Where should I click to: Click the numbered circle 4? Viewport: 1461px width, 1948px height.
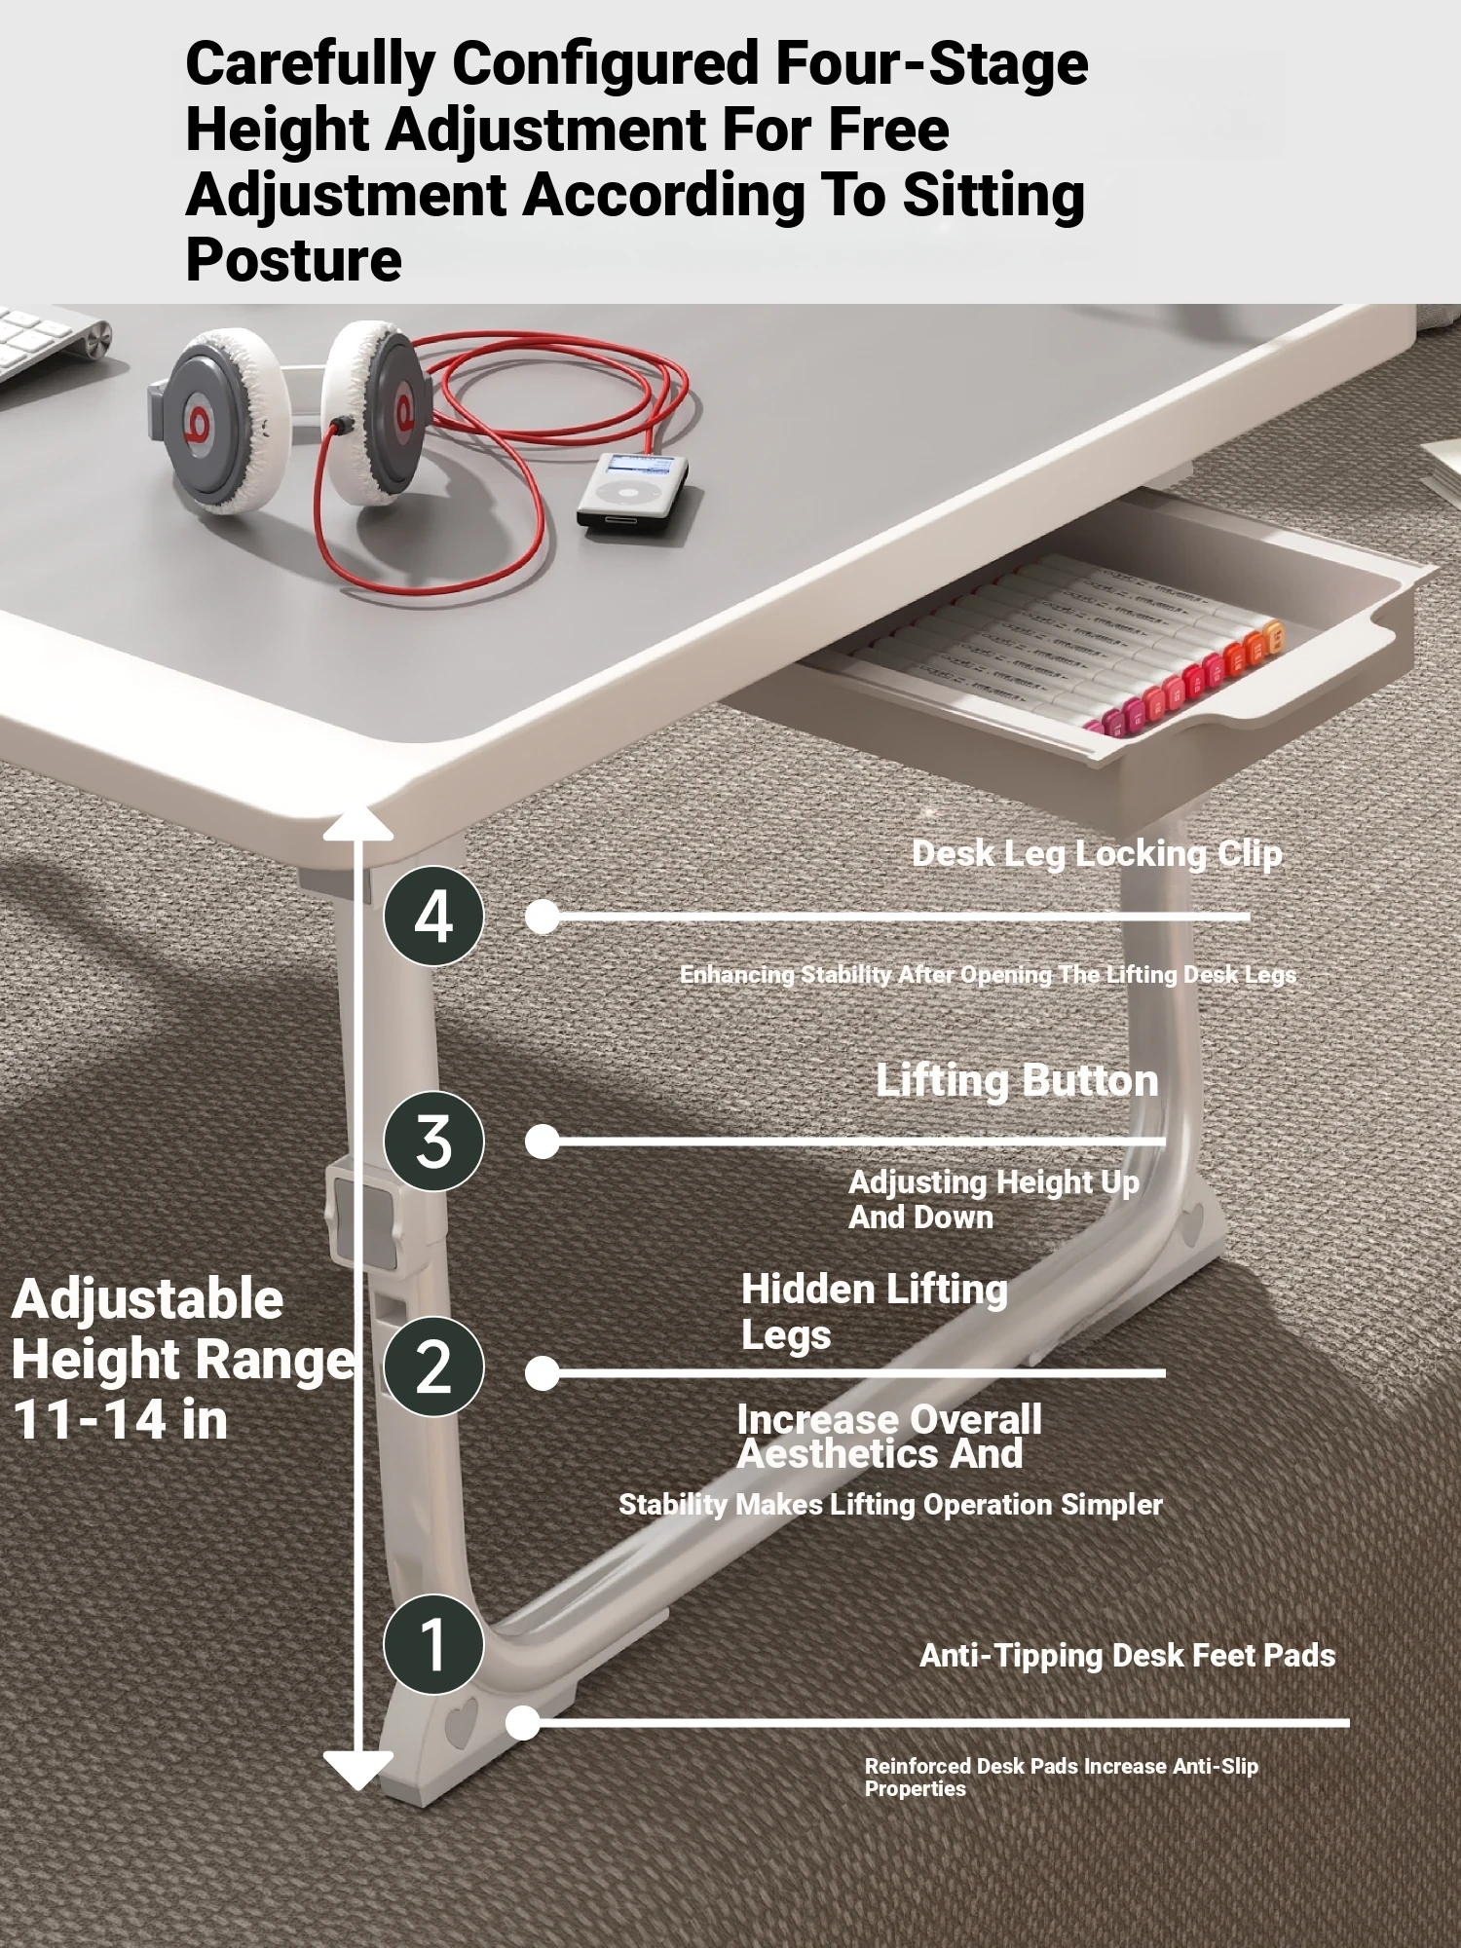[433, 916]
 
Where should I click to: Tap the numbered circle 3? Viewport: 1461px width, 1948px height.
[433, 1141]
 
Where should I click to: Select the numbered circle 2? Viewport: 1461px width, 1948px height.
[433, 1366]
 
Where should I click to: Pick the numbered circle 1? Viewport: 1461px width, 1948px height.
[433, 1644]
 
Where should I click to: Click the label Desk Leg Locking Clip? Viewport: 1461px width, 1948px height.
[1097, 854]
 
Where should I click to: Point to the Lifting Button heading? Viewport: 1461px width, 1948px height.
[1018, 1080]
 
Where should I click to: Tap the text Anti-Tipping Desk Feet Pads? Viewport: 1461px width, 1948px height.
[1128, 1655]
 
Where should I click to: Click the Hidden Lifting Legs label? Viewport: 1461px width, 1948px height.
[874, 1311]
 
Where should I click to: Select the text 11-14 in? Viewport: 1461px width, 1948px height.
[120, 1419]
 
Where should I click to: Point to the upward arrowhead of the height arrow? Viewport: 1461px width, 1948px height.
[357, 822]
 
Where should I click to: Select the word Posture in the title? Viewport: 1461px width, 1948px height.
[293, 260]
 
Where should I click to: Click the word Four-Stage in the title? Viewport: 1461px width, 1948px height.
[931, 63]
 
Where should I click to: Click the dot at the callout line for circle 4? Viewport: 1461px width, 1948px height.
[543, 916]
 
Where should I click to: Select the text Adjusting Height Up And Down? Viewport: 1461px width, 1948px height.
[993, 1199]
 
